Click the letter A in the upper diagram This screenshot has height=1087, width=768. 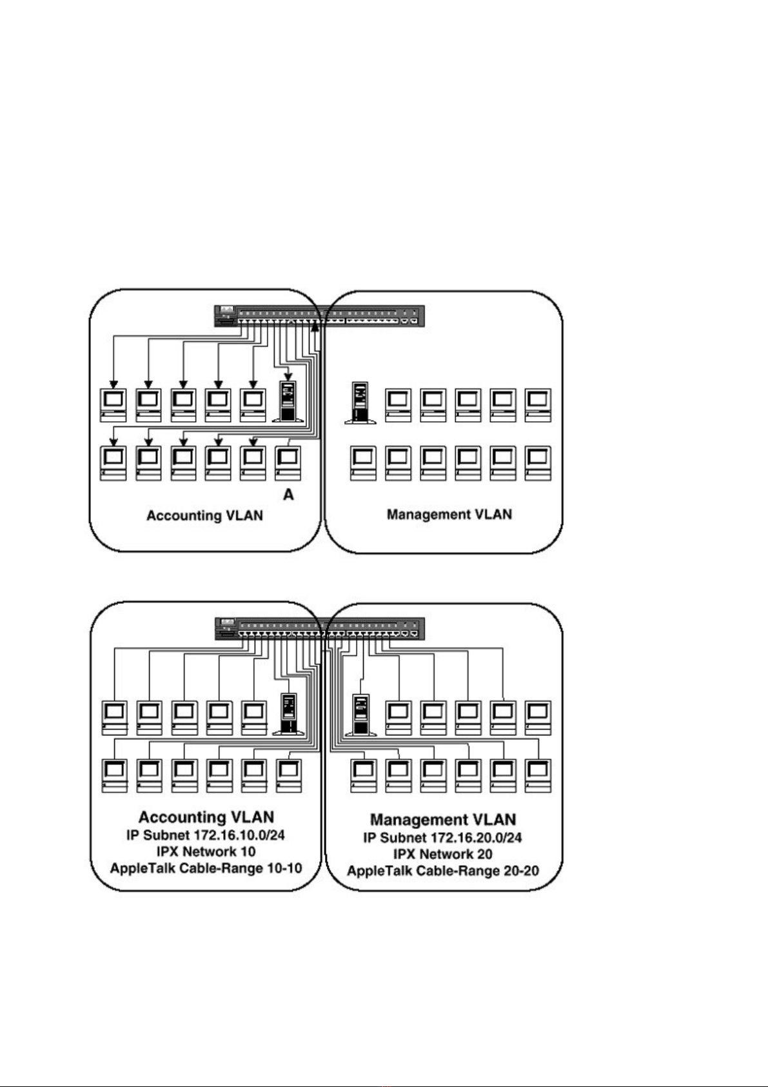tap(288, 495)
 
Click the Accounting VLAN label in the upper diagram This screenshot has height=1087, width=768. tap(204, 515)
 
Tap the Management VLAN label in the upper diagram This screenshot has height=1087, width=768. tap(449, 514)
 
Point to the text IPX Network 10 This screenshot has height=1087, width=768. tap(206, 852)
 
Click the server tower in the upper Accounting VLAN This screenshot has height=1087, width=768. tap(289, 402)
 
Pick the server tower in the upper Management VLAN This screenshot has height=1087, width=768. tap(360, 403)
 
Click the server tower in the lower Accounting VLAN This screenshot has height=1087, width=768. tap(289, 714)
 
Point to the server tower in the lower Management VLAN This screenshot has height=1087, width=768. tap(360, 715)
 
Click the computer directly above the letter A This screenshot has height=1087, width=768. tap(288, 463)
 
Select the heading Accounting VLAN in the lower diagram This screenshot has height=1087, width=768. tap(206, 817)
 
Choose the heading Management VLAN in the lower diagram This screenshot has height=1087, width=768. tap(443, 820)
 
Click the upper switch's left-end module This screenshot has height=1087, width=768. tap(226, 315)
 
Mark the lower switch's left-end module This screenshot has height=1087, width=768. tap(226, 628)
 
